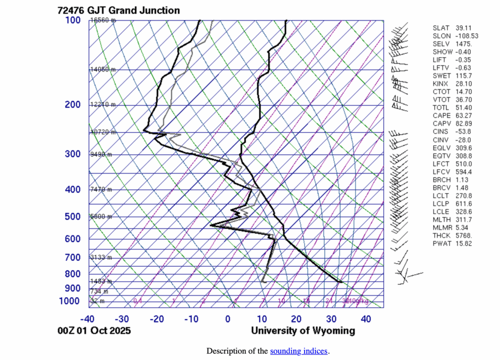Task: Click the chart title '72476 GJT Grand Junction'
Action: tap(112, 10)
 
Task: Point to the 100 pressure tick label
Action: tap(72, 20)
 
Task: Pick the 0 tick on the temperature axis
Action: tap(228, 319)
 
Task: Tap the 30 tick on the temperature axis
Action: tap(332, 319)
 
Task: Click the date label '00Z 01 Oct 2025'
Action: tap(94, 331)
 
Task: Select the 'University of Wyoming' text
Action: tap(303, 331)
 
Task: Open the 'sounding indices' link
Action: tap(299, 351)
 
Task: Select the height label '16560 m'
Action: tap(104, 20)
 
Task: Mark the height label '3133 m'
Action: tap(101, 257)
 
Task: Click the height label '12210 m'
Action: tap(103, 105)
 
